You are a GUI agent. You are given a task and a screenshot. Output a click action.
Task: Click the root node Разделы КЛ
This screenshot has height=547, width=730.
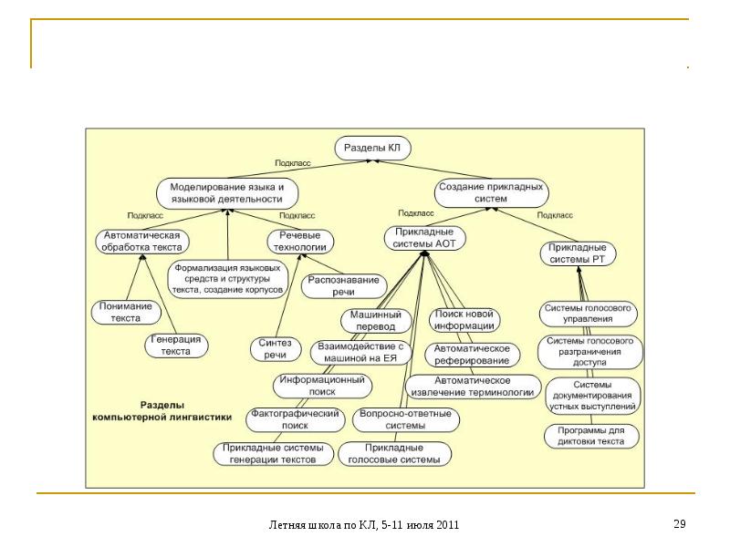[x=374, y=147]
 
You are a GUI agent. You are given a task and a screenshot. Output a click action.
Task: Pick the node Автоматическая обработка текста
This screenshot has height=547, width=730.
[x=141, y=241]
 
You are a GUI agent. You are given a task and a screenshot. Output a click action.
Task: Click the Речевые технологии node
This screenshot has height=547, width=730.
[x=299, y=241]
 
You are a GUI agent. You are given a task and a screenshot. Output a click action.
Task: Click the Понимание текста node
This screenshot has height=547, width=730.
[x=126, y=313]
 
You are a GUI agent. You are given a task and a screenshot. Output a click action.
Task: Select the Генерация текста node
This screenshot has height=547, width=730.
[x=176, y=345]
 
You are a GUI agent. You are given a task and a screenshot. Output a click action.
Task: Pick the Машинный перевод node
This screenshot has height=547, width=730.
[x=371, y=320]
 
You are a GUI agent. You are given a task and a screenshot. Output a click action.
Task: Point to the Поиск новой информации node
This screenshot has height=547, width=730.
[x=464, y=320]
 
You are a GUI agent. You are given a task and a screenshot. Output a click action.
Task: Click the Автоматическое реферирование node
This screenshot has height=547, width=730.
[x=472, y=355]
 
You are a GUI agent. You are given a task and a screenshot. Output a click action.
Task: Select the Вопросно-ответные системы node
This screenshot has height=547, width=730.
[x=405, y=419]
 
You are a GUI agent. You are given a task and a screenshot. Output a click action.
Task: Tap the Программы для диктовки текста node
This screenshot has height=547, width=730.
[x=591, y=436]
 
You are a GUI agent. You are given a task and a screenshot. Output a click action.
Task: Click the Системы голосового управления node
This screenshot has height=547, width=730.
[x=589, y=315]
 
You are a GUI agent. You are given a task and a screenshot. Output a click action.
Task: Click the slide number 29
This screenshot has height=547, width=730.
[x=679, y=524]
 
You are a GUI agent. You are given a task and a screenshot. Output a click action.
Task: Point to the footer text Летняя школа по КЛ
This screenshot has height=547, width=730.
[x=364, y=525]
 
